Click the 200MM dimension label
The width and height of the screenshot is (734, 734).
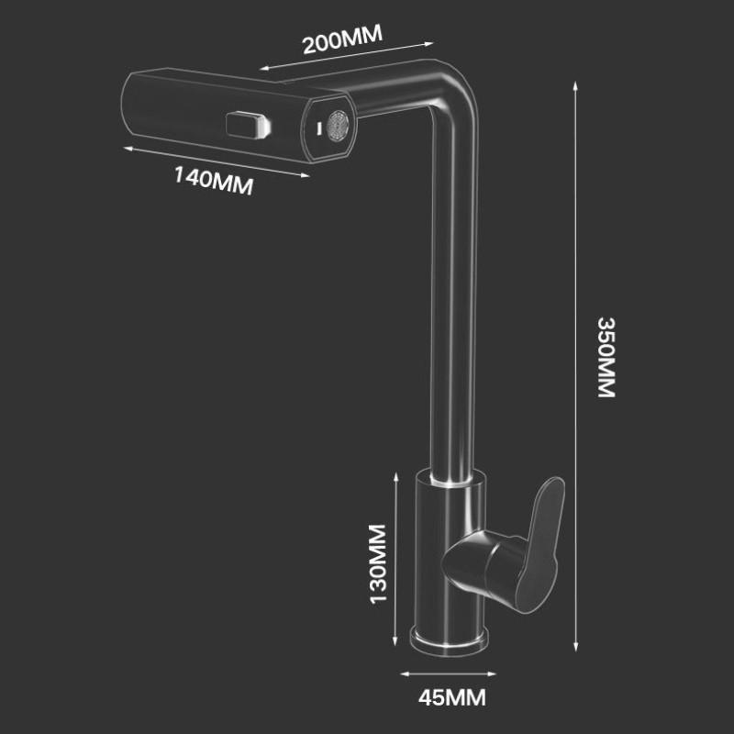(342, 39)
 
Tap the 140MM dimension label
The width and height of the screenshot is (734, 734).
(214, 181)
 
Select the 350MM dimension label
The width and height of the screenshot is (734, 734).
(606, 358)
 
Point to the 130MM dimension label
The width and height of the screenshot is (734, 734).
(378, 564)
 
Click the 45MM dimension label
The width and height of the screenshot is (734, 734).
(452, 698)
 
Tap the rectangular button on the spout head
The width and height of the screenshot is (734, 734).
(248, 126)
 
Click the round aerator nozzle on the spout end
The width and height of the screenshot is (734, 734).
(338, 126)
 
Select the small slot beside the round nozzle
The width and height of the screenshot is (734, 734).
(317, 128)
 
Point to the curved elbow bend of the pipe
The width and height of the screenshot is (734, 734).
(453, 91)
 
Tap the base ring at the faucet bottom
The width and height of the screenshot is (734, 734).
(449, 639)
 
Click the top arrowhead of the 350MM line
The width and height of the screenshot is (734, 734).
(576, 86)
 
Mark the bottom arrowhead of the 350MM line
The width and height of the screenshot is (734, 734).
(576, 646)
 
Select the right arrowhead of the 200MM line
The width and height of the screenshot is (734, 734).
(428, 44)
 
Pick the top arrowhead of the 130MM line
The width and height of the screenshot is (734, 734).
(396, 477)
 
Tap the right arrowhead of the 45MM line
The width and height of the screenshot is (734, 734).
(492, 674)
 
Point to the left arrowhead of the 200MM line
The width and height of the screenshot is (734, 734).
(265, 68)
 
